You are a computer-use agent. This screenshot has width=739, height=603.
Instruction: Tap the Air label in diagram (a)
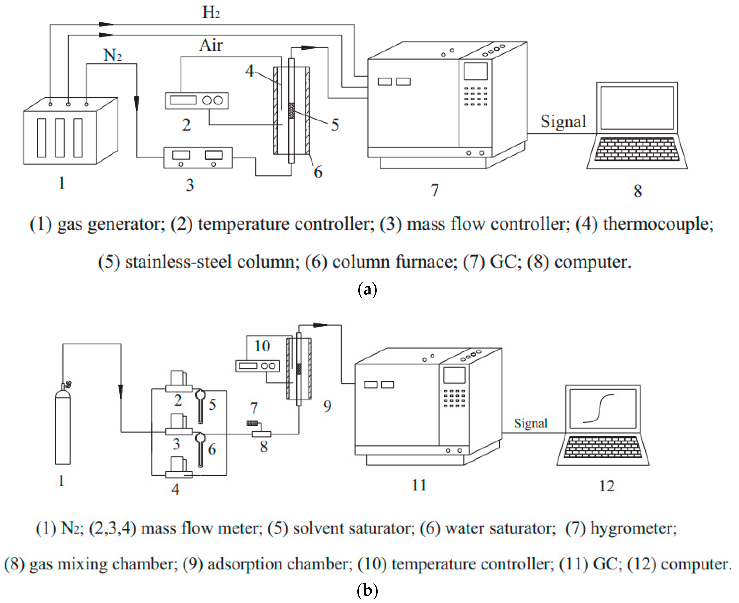click(x=211, y=45)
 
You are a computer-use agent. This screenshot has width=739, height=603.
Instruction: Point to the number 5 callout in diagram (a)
click(x=335, y=124)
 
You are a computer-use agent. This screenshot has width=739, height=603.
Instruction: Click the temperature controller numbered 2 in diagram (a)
click(x=197, y=100)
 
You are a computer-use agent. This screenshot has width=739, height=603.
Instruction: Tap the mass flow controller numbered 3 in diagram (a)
click(x=198, y=158)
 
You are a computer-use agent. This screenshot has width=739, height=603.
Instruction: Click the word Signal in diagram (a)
click(x=563, y=121)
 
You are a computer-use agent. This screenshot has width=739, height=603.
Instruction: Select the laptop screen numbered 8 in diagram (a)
click(x=637, y=108)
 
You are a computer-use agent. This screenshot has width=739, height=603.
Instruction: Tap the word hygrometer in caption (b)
click(x=633, y=528)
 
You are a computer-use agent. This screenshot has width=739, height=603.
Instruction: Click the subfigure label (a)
click(x=367, y=289)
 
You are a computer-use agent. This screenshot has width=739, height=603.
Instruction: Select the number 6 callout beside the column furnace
click(x=318, y=172)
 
